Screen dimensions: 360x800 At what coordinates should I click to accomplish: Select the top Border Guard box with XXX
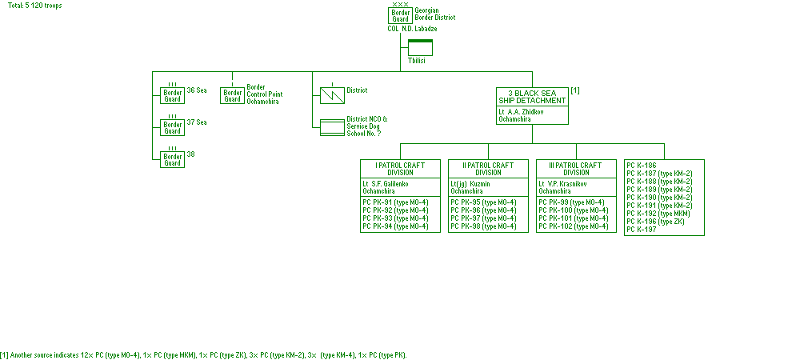pyautogui.click(x=400, y=15)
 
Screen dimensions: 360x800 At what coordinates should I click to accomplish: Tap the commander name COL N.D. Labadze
pyautogui.click(x=418, y=29)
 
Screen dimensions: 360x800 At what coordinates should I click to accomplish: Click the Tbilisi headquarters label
pyautogui.click(x=417, y=60)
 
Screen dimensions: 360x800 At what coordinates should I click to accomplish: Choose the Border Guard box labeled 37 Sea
pyautogui.click(x=172, y=127)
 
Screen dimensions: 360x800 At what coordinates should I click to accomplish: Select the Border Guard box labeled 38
pyautogui.click(x=172, y=159)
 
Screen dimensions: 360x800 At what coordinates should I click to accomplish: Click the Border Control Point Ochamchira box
pyautogui.click(x=232, y=95)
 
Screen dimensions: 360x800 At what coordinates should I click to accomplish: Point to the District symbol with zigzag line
pyautogui.click(x=331, y=95)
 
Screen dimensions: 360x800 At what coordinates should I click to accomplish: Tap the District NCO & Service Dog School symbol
pyautogui.click(x=331, y=127)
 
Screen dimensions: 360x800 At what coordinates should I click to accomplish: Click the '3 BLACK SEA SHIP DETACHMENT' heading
pyautogui.click(x=532, y=96)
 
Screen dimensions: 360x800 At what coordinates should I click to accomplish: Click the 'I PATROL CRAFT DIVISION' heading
pyautogui.click(x=400, y=169)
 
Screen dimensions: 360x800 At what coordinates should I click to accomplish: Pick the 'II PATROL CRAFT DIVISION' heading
pyautogui.click(x=488, y=169)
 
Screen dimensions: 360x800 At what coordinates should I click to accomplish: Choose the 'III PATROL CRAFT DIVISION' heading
pyautogui.click(x=576, y=169)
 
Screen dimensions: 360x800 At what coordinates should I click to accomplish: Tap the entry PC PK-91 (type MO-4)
pyautogui.click(x=395, y=202)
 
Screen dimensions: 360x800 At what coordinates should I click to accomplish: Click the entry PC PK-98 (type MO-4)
pyautogui.click(x=483, y=226)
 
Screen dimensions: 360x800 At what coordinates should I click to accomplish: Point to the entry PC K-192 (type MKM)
pyautogui.click(x=658, y=214)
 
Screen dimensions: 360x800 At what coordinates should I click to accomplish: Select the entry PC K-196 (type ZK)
pyautogui.click(x=655, y=222)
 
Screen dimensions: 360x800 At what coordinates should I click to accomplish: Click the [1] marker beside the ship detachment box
pyautogui.click(x=575, y=90)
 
